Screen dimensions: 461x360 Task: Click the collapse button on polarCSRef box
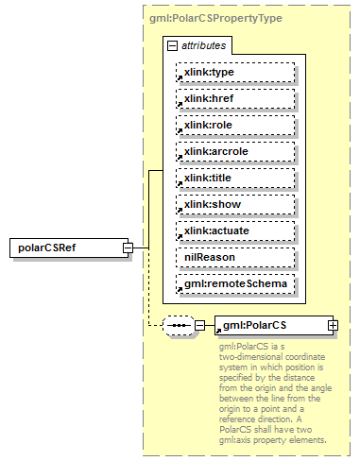pyautogui.click(x=127, y=248)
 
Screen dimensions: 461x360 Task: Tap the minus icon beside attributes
pyautogui.click(x=171, y=45)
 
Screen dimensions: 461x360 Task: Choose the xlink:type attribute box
pyautogui.click(x=234, y=72)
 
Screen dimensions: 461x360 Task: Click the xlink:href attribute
pyautogui.click(x=234, y=98)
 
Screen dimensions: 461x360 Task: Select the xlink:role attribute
pyautogui.click(x=234, y=125)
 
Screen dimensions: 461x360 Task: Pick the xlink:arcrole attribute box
pyautogui.click(x=234, y=151)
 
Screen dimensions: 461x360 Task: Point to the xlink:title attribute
pyautogui.click(x=234, y=178)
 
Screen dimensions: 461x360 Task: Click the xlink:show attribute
pyautogui.click(x=234, y=204)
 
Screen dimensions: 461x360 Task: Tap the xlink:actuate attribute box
pyautogui.click(x=234, y=230)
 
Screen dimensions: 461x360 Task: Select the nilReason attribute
pyautogui.click(x=234, y=257)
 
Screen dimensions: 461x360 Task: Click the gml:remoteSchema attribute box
pyautogui.click(x=234, y=283)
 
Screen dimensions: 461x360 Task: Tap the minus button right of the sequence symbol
pyautogui.click(x=199, y=326)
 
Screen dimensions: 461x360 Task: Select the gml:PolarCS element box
pyautogui.click(x=269, y=326)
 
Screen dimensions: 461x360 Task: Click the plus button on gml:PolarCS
pyautogui.click(x=333, y=326)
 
